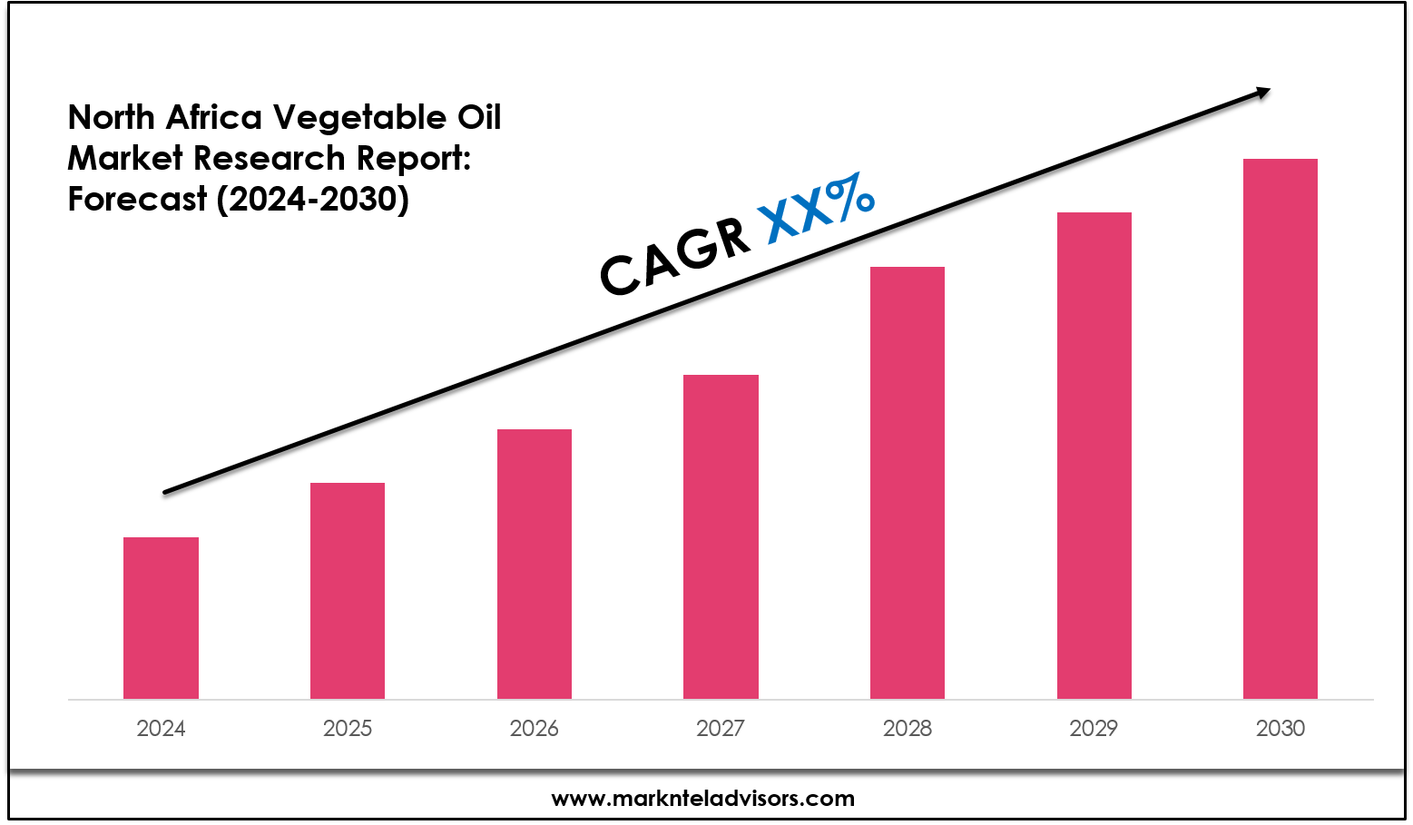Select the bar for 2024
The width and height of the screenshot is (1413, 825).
pyautogui.click(x=161, y=618)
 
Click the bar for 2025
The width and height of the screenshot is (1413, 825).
pyautogui.click(x=348, y=591)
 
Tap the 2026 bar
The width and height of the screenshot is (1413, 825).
pyautogui.click(x=535, y=564)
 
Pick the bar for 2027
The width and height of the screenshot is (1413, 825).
pyautogui.click(x=721, y=536)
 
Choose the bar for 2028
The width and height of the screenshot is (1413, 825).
pyautogui.click(x=908, y=483)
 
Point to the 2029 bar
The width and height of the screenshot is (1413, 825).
pyautogui.click(x=1094, y=456)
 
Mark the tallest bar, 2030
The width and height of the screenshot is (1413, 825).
pyautogui.click(x=1281, y=428)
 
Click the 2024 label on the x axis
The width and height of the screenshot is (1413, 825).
pyautogui.click(x=161, y=728)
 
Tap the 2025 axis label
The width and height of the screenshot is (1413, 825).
pyautogui.click(x=348, y=728)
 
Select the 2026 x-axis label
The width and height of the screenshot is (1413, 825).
pyautogui.click(x=535, y=728)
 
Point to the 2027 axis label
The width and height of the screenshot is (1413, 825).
pyautogui.click(x=721, y=728)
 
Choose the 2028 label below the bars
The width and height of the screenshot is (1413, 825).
pyautogui.click(x=908, y=728)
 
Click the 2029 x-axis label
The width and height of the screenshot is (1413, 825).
pyautogui.click(x=1094, y=728)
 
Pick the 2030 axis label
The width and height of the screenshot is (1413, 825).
pyautogui.click(x=1281, y=728)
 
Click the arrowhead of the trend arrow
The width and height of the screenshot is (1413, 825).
pyautogui.click(x=1262, y=91)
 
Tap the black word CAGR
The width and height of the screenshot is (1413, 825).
pyautogui.click(x=675, y=258)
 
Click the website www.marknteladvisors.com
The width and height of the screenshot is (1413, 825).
pyautogui.click(x=703, y=799)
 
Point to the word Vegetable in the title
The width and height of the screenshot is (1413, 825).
pyautogui.click(x=360, y=118)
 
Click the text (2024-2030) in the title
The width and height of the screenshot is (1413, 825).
pyautogui.click(x=313, y=199)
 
